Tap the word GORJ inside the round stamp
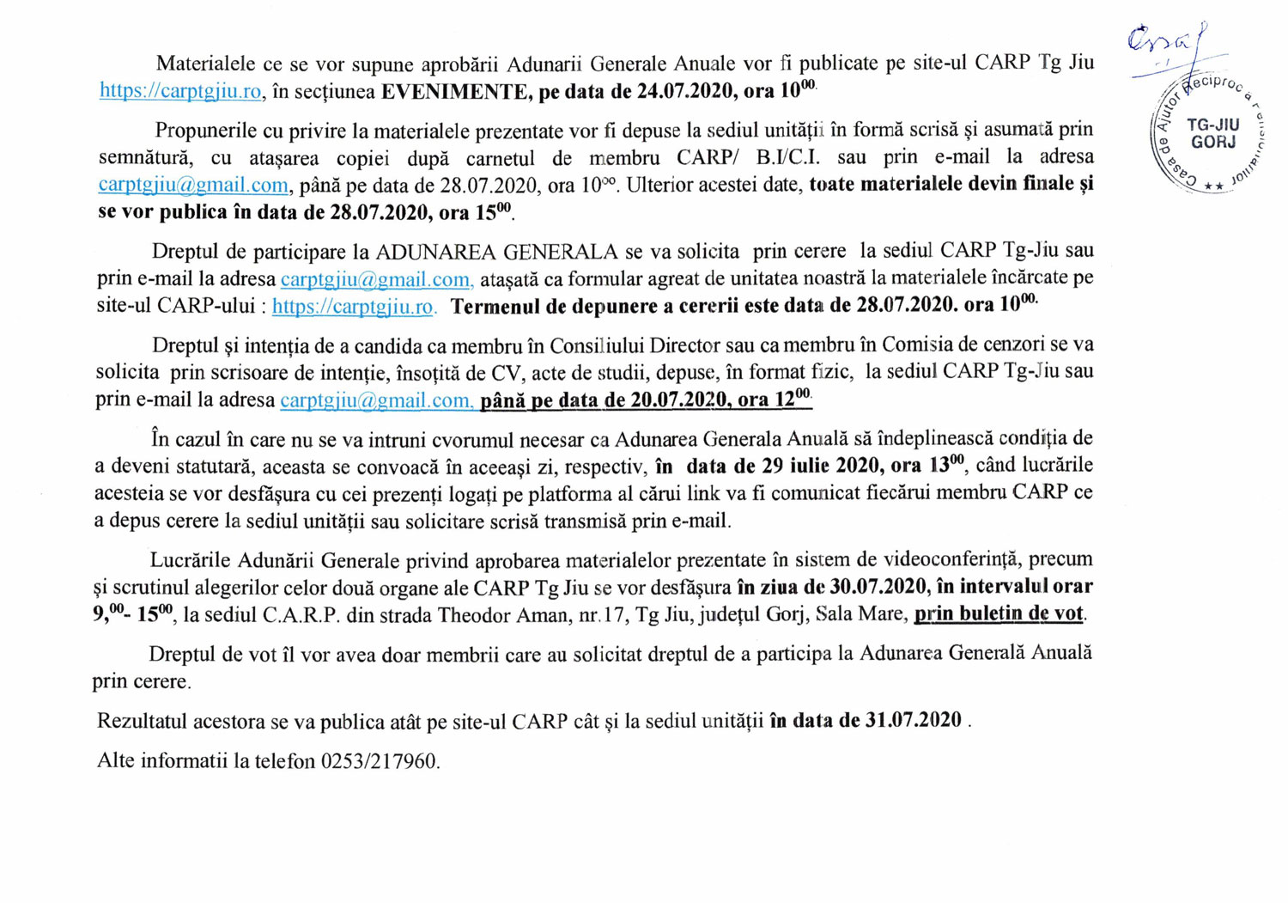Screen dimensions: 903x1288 click(1213, 143)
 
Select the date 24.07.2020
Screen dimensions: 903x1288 click(683, 92)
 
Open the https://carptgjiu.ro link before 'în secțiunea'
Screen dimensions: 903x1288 click(180, 91)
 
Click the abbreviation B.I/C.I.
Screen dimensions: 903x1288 click(787, 157)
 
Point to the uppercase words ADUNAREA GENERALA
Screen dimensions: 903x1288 click(497, 252)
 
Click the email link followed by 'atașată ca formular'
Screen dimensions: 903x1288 click(376, 279)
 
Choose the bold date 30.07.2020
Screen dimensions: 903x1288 click(878, 587)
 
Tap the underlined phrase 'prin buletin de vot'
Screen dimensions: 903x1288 click(999, 614)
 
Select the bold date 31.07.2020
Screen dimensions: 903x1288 click(913, 720)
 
